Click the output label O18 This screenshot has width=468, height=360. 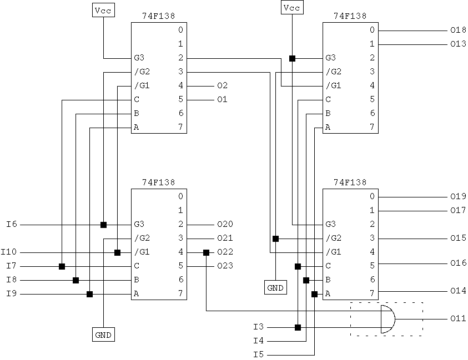(458, 31)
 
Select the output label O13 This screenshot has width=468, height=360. (458, 44)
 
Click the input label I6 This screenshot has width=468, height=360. (11, 225)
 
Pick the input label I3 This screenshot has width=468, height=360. (258, 327)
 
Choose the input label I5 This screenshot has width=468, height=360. (258, 354)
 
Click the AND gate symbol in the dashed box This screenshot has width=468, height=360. (388, 319)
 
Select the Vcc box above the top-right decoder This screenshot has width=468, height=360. (292, 8)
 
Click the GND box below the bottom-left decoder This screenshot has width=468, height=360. (103, 334)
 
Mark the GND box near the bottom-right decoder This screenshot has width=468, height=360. (275, 287)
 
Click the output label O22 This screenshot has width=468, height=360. (225, 252)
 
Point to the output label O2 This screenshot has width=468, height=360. (222, 86)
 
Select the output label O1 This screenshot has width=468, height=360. (222, 100)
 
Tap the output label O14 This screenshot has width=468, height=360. (458, 291)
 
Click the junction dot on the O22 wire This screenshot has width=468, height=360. (206, 252)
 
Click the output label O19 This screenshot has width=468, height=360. (458, 197)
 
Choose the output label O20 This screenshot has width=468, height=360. (225, 225)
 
